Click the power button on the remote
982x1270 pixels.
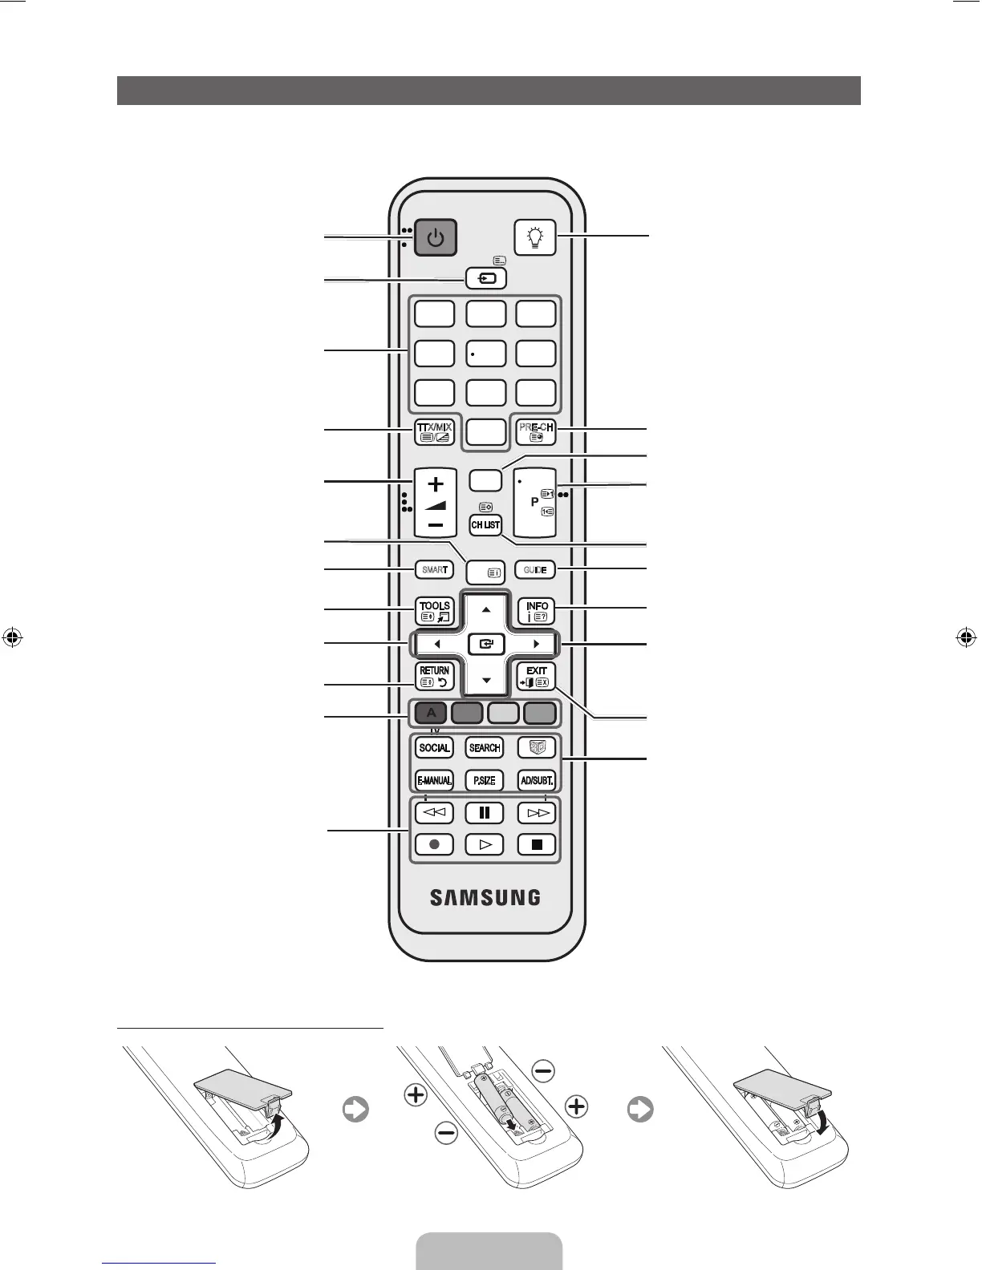point(435,238)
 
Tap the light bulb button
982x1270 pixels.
point(535,237)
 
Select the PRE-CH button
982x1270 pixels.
point(536,432)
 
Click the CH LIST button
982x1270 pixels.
point(485,525)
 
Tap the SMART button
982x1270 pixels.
point(434,570)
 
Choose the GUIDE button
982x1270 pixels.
point(535,570)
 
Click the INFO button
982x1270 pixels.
point(536,612)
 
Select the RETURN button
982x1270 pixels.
point(435,676)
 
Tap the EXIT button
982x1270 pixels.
point(536,676)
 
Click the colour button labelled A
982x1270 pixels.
point(431,712)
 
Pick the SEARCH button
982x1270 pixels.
point(485,748)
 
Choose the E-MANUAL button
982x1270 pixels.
point(434,780)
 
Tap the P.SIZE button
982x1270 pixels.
point(485,780)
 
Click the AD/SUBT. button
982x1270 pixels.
point(536,780)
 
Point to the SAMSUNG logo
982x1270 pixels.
point(485,897)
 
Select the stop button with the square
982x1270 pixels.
point(537,844)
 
